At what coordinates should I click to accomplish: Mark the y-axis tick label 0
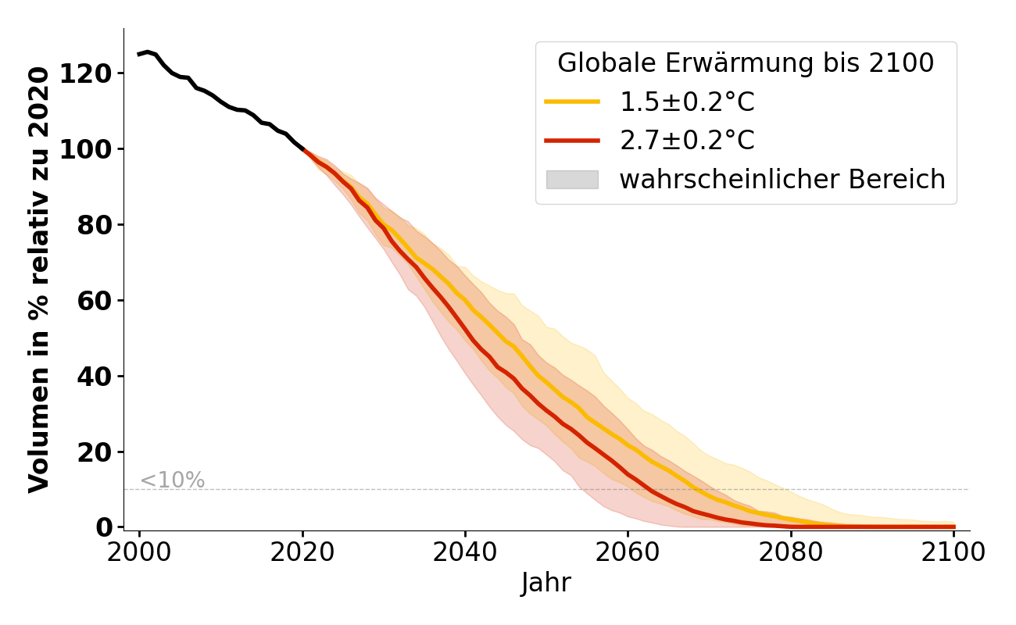(105, 528)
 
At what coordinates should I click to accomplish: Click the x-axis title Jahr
(546, 584)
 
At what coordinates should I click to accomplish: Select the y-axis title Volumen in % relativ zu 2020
(39, 280)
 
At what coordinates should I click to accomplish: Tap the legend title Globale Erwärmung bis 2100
(746, 63)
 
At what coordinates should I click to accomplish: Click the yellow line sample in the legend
(572, 102)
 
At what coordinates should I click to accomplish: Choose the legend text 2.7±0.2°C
(687, 141)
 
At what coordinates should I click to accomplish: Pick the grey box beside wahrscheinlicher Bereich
(572, 180)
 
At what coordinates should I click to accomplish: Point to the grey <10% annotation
(172, 480)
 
